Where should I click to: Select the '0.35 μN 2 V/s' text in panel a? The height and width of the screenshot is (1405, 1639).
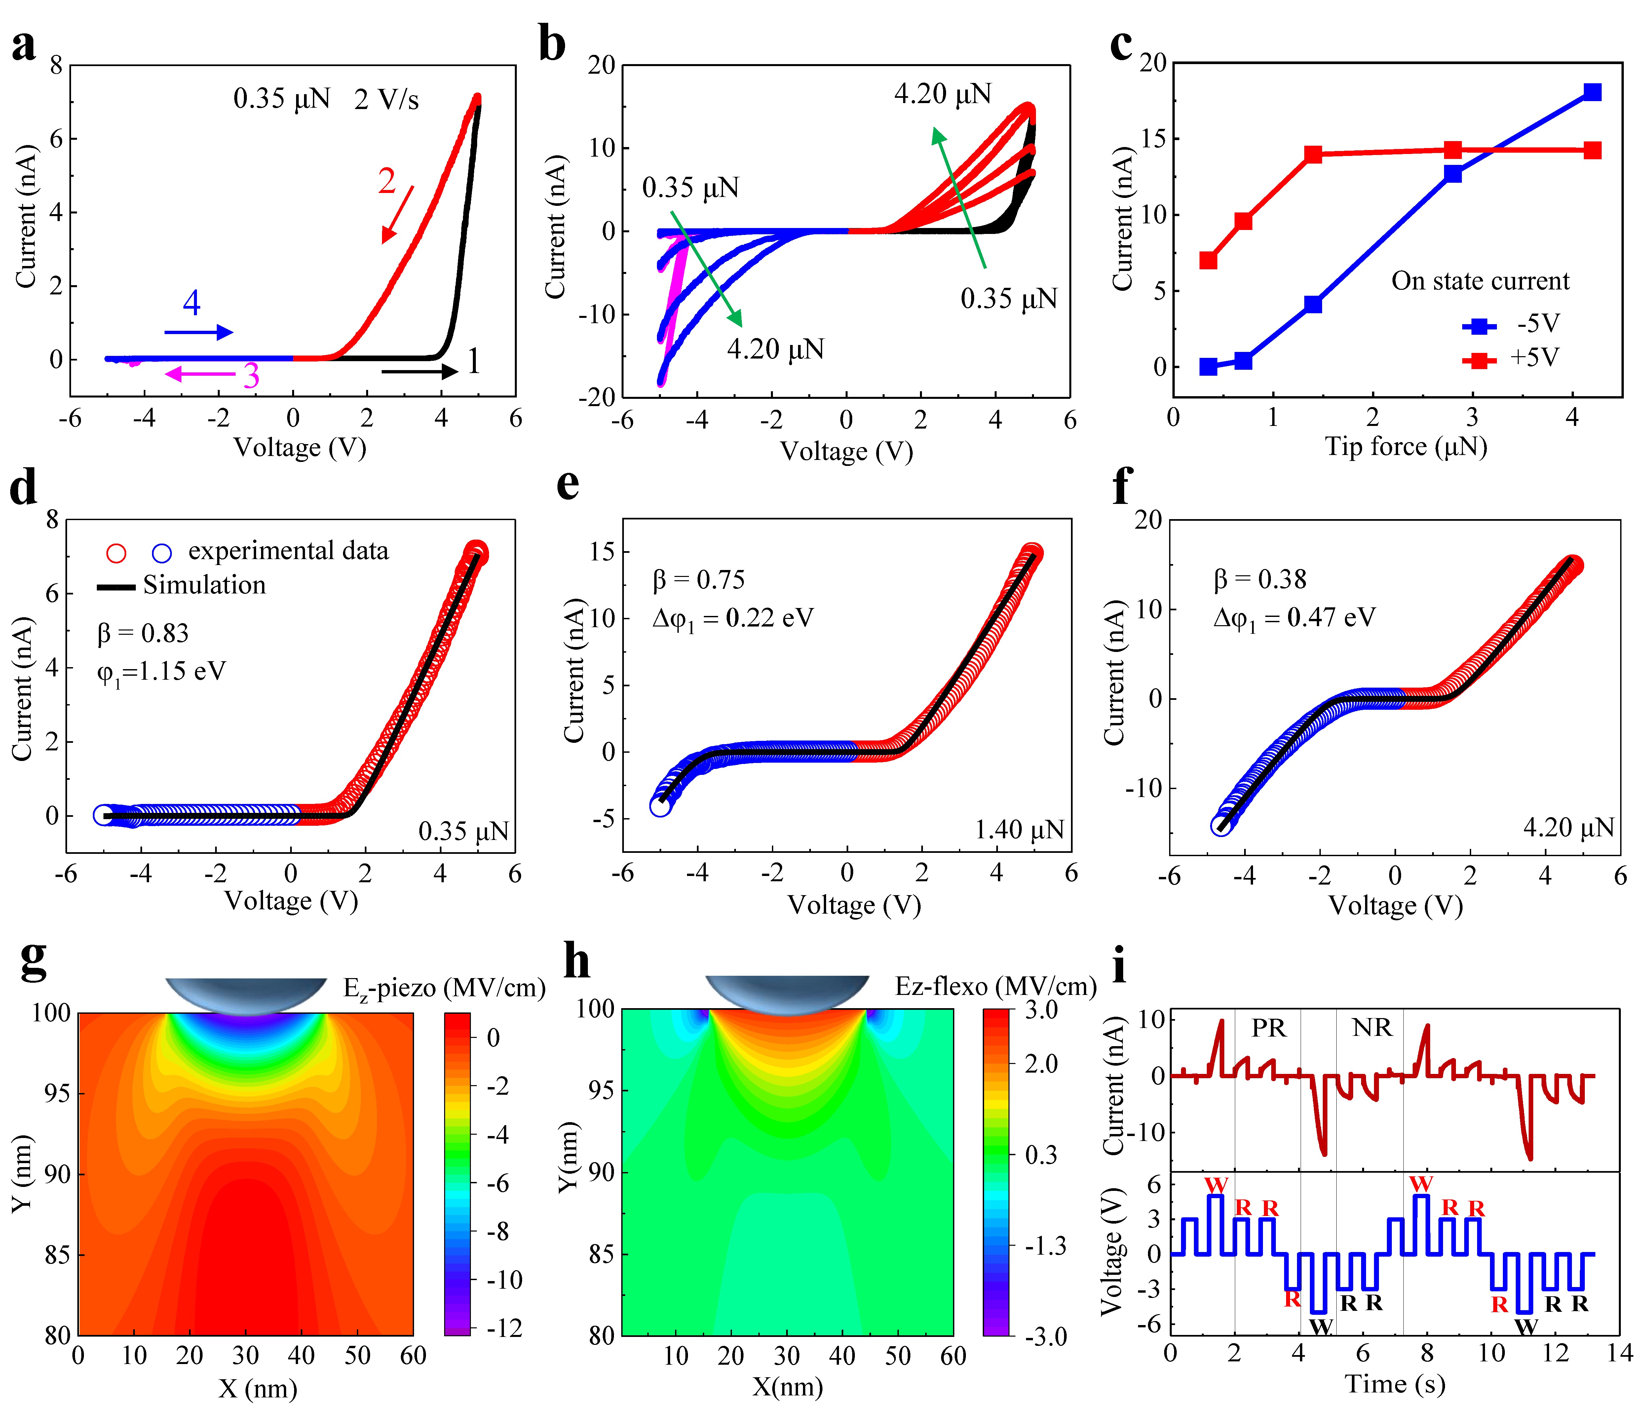[326, 100]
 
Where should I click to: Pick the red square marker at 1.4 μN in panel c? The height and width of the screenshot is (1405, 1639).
[1313, 154]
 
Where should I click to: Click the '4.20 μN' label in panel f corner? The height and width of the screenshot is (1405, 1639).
[1569, 827]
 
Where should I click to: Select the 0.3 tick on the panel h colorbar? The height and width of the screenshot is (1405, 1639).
[1041, 1155]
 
